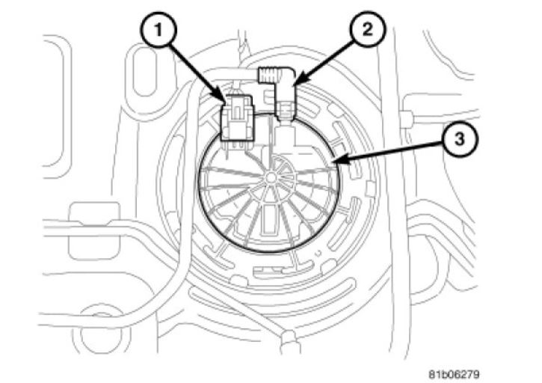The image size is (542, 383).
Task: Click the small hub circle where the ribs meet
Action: [268, 177]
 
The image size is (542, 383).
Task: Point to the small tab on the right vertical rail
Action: [408, 118]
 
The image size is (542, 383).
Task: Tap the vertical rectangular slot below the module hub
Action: [267, 218]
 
